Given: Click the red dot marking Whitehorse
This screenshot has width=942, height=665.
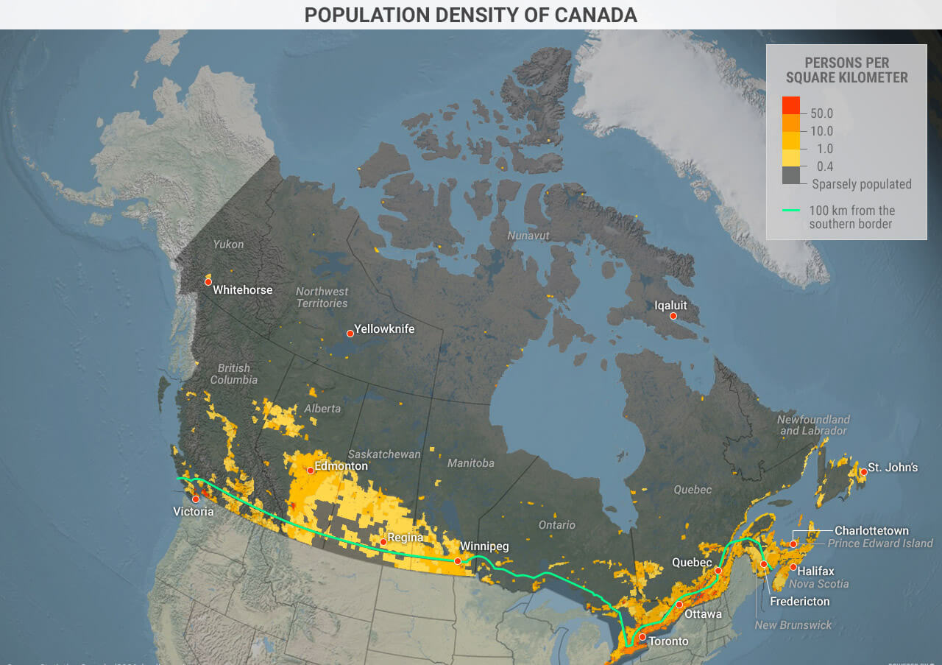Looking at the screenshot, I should tap(208, 282).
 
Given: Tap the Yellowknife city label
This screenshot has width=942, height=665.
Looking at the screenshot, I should tap(384, 329).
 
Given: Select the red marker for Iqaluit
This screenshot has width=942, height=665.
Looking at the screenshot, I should tap(673, 316).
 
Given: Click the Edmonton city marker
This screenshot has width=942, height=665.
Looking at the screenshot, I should tap(311, 470).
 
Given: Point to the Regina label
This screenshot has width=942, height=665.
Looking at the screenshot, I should tap(406, 538).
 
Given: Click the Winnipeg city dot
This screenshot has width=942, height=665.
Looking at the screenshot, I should tap(458, 561).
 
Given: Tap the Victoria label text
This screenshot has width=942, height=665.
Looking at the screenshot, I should tap(194, 511).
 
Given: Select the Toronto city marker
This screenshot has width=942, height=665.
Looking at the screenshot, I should tap(642, 636).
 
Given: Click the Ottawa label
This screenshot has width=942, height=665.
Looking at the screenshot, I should tap(703, 613).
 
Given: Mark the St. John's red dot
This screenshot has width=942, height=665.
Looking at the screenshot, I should tap(863, 471).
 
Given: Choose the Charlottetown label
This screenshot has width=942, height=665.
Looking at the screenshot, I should tap(871, 530).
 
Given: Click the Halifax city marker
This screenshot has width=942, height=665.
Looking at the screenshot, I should tap(793, 567).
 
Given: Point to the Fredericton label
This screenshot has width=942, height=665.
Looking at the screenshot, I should tap(799, 601).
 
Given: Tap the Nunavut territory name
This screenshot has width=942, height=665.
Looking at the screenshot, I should tap(528, 236).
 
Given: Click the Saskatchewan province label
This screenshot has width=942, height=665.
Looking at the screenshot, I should tap(384, 454).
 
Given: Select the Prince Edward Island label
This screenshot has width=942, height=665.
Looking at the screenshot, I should tap(880, 543).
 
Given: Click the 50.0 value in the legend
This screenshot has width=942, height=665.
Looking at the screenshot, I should tap(821, 113).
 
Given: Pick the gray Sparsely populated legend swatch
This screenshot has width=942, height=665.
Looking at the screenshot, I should tap(791, 175).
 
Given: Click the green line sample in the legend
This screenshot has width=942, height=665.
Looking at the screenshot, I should tap(791, 211).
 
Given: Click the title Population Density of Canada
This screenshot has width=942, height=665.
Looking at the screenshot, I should tap(471, 15).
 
